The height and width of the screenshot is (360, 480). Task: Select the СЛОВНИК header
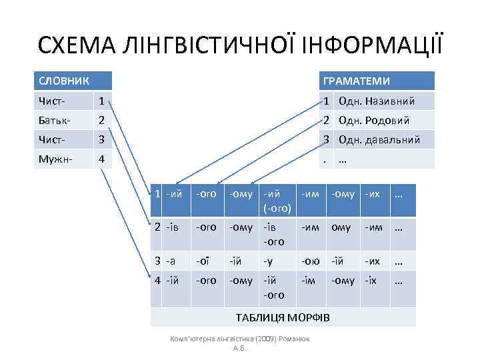coord(61,81)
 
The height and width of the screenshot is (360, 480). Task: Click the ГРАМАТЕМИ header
coord(356,81)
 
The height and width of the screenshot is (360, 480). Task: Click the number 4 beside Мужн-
coord(101,160)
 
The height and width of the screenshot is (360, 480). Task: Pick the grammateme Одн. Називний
coord(377,101)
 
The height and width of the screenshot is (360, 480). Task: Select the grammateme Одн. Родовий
coord(373,121)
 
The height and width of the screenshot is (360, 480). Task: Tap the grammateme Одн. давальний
coord(379,140)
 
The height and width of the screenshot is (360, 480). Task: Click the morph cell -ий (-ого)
coord(277,201)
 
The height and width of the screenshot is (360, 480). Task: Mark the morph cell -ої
coord(203,261)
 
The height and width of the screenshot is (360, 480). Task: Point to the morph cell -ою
coord(310,261)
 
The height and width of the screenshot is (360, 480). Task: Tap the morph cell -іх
coord(371,281)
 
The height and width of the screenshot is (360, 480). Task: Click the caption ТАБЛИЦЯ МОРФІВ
coord(283,315)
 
